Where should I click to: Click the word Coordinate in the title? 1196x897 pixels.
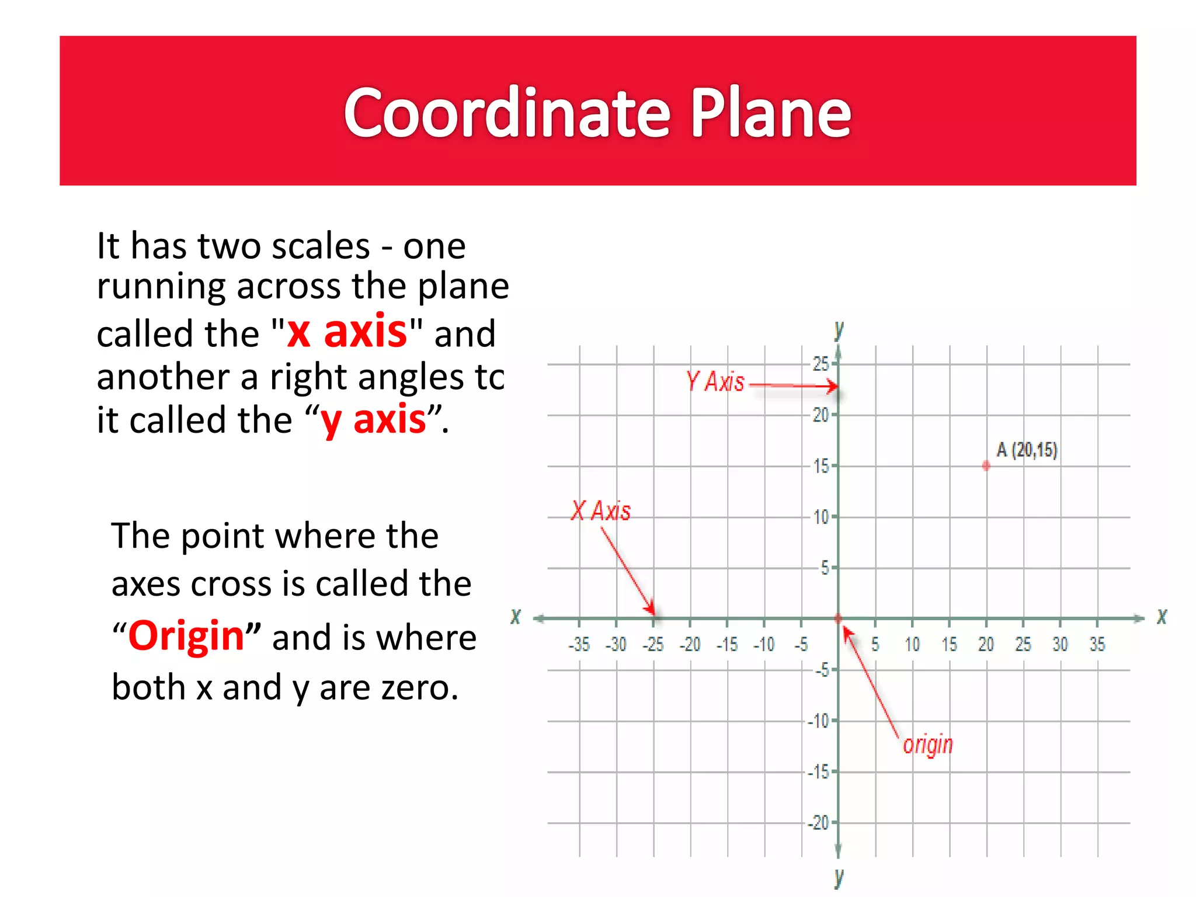(x=506, y=112)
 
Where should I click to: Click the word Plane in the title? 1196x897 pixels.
(x=770, y=112)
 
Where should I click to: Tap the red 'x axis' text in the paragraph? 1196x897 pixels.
(x=347, y=332)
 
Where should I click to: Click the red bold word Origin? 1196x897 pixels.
(x=186, y=636)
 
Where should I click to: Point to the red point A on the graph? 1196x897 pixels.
(x=986, y=466)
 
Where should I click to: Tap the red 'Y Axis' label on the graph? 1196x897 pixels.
(x=715, y=382)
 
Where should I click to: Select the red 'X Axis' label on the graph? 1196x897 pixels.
(x=602, y=511)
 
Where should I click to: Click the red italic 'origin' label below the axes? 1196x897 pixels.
(x=927, y=745)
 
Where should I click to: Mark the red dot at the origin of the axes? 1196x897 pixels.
(x=838, y=618)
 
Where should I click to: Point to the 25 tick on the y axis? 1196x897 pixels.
(x=820, y=364)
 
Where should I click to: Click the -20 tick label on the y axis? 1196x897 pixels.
(x=819, y=823)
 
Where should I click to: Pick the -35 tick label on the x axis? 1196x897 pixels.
(x=579, y=645)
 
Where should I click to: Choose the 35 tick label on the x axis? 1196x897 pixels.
(x=1097, y=645)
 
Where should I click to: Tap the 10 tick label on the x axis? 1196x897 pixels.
(x=912, y=645)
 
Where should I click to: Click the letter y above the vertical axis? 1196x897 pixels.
(x=839, y=331)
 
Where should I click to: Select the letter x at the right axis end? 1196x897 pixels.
(x=1162, y=617)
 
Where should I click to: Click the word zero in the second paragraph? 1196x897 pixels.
(x=419, y=687)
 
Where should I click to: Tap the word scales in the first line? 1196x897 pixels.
(x=321, y=246)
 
